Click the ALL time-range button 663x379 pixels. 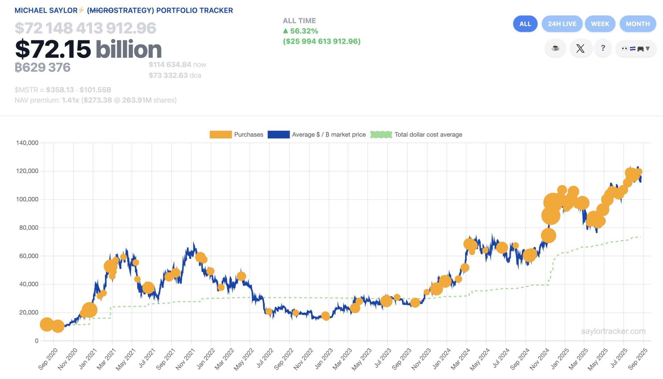point(525,24)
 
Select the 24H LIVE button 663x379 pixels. point(562,24)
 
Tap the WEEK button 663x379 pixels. point(600,24)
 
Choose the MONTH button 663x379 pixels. point(637,24)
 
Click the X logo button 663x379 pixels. point(580,48)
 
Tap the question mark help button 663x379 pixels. point(603,48)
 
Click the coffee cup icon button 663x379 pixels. point(555,48)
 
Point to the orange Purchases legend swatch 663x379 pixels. point(221,135)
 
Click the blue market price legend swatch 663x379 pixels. point(278,135)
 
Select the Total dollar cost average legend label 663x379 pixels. point(428,135)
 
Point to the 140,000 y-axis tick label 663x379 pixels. point(27,143)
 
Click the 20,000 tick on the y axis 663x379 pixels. point(29,312)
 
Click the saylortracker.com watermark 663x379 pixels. point(613,331)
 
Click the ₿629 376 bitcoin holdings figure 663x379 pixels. point(42,67)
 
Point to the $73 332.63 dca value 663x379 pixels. point(168,76)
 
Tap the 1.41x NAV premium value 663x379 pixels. point(70,100)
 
